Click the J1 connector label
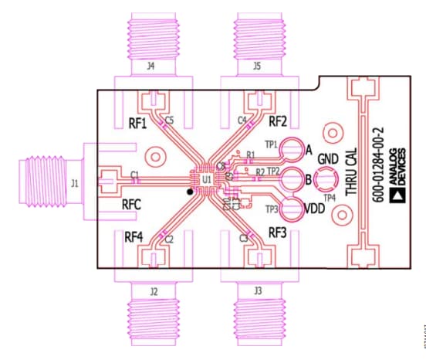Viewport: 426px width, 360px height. pos(75,183)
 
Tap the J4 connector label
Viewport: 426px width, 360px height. pos(150,67)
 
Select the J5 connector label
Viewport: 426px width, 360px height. pos(256,67)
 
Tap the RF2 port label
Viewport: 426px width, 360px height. pos(278,121)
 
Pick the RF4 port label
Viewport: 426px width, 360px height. pos(138,238)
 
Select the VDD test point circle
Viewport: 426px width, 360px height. pos(292,209)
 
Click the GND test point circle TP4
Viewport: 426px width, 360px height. pos(326,181)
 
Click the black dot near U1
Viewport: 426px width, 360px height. pos(188,190)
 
